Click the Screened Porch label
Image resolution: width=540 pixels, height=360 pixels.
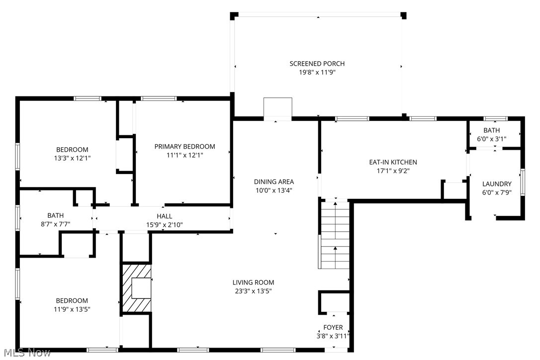pos(317,64)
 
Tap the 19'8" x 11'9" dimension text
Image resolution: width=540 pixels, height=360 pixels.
pos(317,72)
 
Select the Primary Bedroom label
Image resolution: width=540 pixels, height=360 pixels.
pos(184,146)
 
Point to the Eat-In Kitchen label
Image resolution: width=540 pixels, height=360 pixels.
pos(393,162)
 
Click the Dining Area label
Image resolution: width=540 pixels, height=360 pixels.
pos(274,181)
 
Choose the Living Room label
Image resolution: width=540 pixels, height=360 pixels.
pos(253,282)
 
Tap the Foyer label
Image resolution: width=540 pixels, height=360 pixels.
pos(333,327)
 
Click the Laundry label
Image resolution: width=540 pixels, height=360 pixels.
pos(496,184)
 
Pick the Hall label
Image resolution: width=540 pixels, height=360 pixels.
pos(165,216)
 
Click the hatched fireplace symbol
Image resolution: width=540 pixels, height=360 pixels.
pos(136,288)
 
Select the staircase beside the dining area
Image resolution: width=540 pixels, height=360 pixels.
pos(335,234)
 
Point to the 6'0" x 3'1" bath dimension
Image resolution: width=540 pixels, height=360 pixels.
pos(491,139)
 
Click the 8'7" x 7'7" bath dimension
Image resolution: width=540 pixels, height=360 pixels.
pos(55,224)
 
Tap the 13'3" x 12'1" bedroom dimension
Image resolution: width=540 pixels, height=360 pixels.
pos(72,158)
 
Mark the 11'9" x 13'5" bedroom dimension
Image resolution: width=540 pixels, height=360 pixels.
pos(72,309)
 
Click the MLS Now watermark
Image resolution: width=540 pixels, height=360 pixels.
pos(26,353)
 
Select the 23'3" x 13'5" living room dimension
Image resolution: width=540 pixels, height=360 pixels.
pos(253,291)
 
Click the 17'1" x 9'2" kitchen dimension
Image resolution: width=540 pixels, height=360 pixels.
pos(393,171)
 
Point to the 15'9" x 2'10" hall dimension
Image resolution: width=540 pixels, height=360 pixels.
pos(165,224)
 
